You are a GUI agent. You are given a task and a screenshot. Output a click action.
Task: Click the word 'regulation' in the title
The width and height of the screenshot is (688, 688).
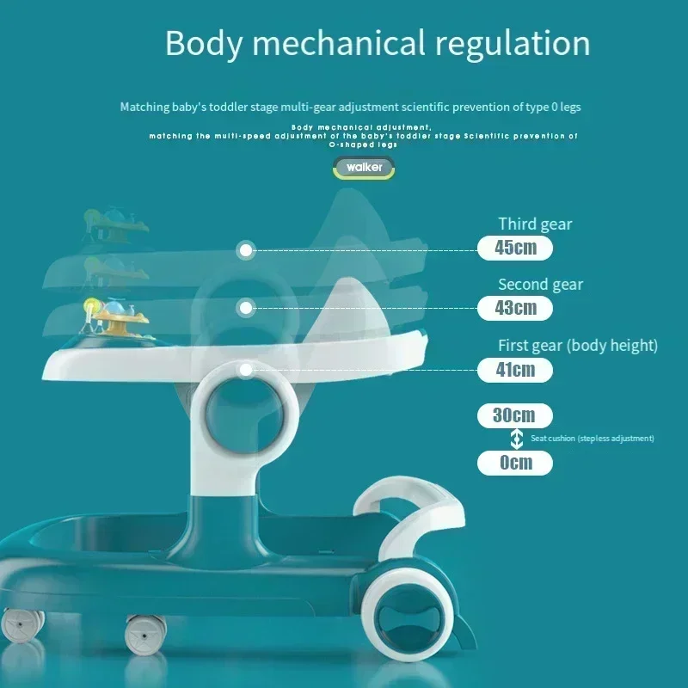pyautogui.click(x=508, y=43)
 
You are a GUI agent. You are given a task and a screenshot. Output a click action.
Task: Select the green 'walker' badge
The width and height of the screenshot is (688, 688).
pyautogui.click(x=365, y=168)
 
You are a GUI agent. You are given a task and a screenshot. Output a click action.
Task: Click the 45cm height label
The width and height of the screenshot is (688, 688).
pyautogui.click(x=514, y=248)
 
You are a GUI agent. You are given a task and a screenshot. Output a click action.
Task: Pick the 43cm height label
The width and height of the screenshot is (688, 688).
pyautogui.click(x=514, y=307)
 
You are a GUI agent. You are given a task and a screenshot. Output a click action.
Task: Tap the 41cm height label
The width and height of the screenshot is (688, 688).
pyautogui.click(x=514, y=370)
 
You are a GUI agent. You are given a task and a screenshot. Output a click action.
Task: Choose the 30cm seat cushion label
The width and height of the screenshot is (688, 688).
pyautogui.click(x=514, y=415)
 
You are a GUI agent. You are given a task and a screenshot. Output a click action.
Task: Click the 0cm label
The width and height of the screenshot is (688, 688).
pyautogui.click(x=514, y=463)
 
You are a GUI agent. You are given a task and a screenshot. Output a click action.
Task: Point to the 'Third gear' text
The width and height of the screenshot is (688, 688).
pyautogui.click(x=535, y=224)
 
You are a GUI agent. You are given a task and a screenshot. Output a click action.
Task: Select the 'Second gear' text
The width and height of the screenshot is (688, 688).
pyautogui.click(x=540, y=285)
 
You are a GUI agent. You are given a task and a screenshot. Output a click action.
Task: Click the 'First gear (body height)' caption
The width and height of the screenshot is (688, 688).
pyautogui.click(x=578, y=346)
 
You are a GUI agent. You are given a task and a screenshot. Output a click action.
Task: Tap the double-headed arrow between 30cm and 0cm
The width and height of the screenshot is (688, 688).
pyautogui.click(x=516, y=439)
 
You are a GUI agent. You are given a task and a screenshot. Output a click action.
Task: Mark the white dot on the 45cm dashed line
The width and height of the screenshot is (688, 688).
pyautogui.click(x=247, y=250)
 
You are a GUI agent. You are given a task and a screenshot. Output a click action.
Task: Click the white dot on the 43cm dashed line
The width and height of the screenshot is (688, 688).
pyautogui.click(x=247, y=307)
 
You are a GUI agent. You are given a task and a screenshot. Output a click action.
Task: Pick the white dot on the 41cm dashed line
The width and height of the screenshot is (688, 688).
pyautogui.click(x=247, y=370)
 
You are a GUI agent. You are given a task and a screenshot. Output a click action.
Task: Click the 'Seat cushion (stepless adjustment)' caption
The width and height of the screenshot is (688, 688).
pyautogui.click(x=592, y=439)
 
